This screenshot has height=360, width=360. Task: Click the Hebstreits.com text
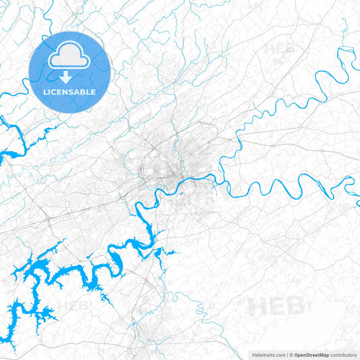[x=268, y=355]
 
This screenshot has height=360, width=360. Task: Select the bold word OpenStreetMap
[x=312, y=355]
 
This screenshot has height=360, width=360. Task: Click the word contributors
[x=344, y=355]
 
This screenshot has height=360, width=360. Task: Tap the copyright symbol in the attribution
[x=291, y=355]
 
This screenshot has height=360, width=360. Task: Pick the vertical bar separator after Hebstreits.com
[x=286, y=355]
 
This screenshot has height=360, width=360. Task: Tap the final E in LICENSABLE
[x=93, y=91]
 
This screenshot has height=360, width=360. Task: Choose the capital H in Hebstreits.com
[x=254, y=355]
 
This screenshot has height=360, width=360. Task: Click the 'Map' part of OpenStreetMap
[x=324, y=355]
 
